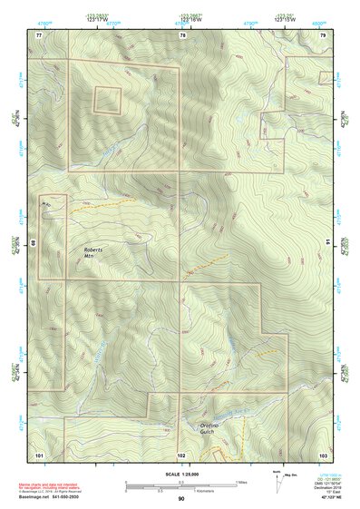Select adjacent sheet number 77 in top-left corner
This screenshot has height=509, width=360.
[x=39, y=34]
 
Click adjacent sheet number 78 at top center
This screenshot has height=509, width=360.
[x=182, y=34]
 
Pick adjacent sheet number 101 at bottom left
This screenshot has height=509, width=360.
[x=39, y=454]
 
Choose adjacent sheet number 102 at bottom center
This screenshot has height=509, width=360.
[x=181, y=454]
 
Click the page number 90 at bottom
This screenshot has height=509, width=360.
[x=181, y=499]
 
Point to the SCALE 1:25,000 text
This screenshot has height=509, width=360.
[x=180, y=475]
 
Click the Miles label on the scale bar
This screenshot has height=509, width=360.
[x=240, y=481]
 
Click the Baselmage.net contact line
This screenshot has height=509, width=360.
[x=56, y=497]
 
